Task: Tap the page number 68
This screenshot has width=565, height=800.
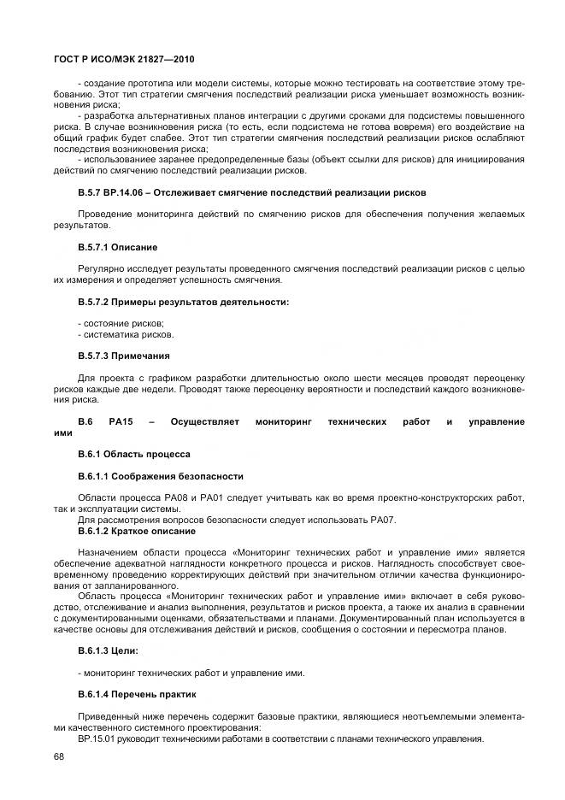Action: pyautogui.click(x=58, y=756)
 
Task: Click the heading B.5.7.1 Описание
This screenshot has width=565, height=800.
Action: pyautogui.click(x=117, y=248)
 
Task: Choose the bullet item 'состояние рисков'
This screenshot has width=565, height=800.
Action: pyautogui.click(x=121, y=322)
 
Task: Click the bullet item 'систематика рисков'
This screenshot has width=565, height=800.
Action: pyautogui.click(x=125, y=334)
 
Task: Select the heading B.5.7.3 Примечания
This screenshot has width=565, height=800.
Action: pyautogui.click(x=124, y=356)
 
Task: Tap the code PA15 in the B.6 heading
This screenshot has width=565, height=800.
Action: pyautogui.click(x=120, y=422)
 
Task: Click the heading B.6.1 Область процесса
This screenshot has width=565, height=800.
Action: pyautogui.click(x=133, y=454)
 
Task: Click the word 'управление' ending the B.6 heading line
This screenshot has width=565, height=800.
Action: pyautogui.click(x=497, y=422)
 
